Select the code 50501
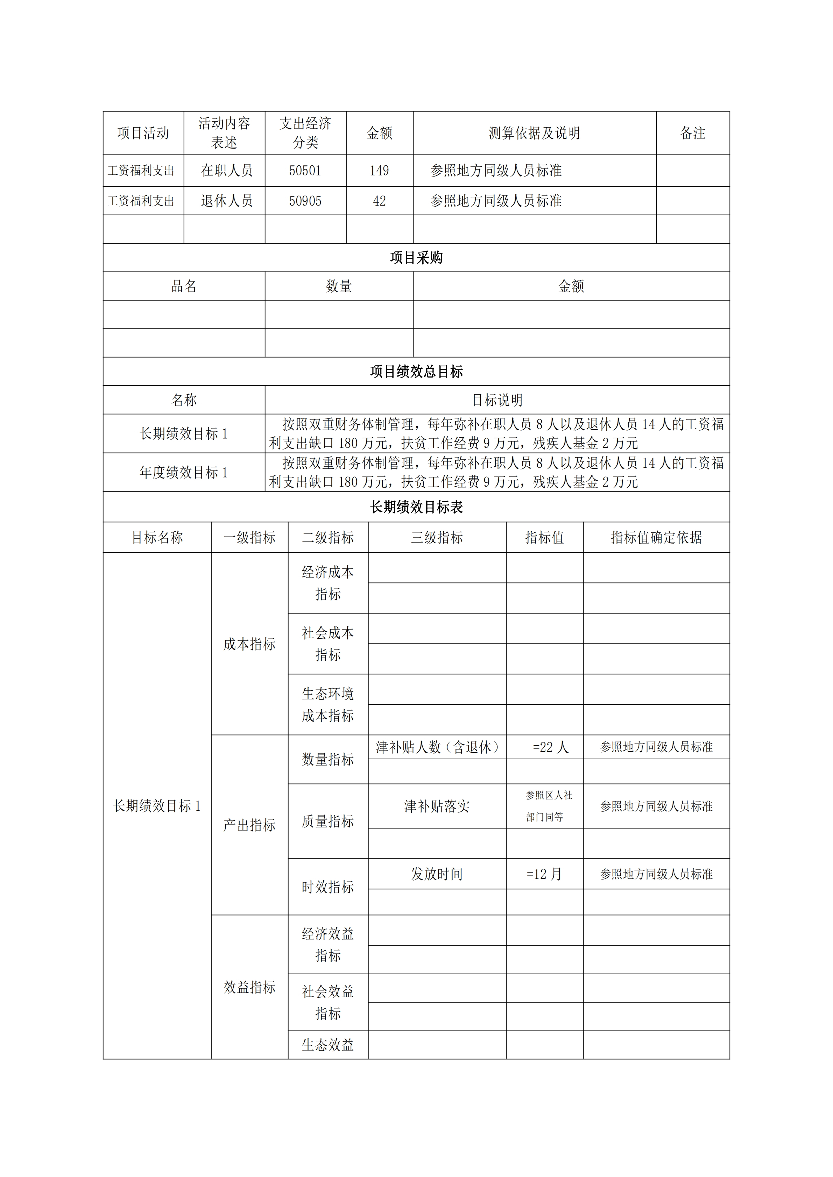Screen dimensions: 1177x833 click(x=305, y=171)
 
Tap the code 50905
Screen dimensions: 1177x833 click(x=305, y=201)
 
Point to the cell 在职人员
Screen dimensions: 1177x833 click(x=227, y=171)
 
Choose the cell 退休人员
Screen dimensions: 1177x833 click(x=227, y=201)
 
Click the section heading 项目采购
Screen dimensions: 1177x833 click(x=416, y=258)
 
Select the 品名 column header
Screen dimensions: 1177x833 click(x=184, y=286)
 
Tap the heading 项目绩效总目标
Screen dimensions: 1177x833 click(x=416, y=372)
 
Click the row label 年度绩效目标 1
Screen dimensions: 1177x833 click(x=184, y=472)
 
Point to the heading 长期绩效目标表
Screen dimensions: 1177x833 click(x=416, y=507)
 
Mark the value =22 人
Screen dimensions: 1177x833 click(x=550, y=747)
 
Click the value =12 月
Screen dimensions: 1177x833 click(x=544, y=874)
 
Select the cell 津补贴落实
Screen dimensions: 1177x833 click(x=437, y=806)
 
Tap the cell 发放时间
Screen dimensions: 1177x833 click(x=437, y=874)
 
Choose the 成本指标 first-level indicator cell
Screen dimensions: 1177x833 click(x=249, y=644)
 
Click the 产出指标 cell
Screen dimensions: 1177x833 click(x=249, y=825)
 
